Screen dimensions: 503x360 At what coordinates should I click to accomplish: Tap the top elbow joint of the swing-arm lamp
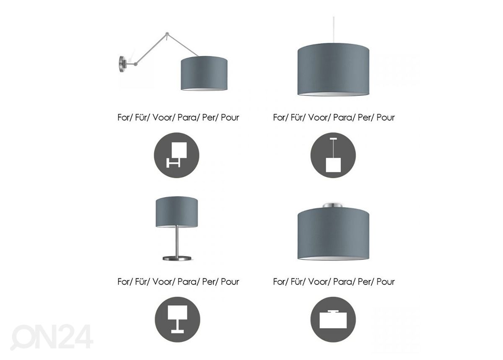point(167,34)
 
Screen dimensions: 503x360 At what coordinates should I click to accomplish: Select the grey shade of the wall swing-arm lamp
point(204,73)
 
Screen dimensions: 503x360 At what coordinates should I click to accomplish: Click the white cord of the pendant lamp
point(334,30)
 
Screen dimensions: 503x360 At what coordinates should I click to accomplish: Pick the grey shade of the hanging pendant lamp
point(334,70)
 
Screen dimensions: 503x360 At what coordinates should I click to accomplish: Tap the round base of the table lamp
point(177,258)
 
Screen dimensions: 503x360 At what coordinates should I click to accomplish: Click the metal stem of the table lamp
point(177,241)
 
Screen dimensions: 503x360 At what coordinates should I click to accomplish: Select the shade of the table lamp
point(177,212)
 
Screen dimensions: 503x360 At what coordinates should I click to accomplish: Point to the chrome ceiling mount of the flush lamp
point(333,205)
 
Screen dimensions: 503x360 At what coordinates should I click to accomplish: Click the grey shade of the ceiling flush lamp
point(334,234)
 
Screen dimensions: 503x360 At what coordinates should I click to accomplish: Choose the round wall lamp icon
point(176,155)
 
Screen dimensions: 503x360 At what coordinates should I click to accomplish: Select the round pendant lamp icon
point(333,155)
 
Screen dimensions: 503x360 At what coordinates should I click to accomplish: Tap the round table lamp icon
point(177,319)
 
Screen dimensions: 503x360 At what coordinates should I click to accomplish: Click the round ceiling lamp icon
point(333,319)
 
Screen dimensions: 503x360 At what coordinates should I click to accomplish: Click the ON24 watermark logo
point(52,337)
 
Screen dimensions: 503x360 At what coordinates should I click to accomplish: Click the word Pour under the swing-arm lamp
point(230,117)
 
